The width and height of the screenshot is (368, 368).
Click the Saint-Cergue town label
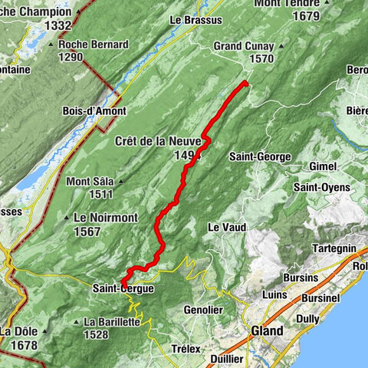[x=123, y=288]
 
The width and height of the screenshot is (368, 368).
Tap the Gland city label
[x=267, y=331]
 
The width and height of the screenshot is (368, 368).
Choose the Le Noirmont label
[x=106, y=218]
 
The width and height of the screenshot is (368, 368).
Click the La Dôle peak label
[x=19, y=331]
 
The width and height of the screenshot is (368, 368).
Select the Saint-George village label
[x=261, y=156]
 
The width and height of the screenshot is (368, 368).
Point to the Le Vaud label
[x=225, y=227]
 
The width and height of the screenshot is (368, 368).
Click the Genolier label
[x=204, y=310]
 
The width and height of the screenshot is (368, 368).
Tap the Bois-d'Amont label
[x=90, y=111]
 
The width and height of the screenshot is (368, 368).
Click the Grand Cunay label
[x=243, y=45]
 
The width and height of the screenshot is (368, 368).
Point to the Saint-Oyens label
[x=321, y=187]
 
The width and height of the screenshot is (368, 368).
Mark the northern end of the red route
[x=245, y=82]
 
